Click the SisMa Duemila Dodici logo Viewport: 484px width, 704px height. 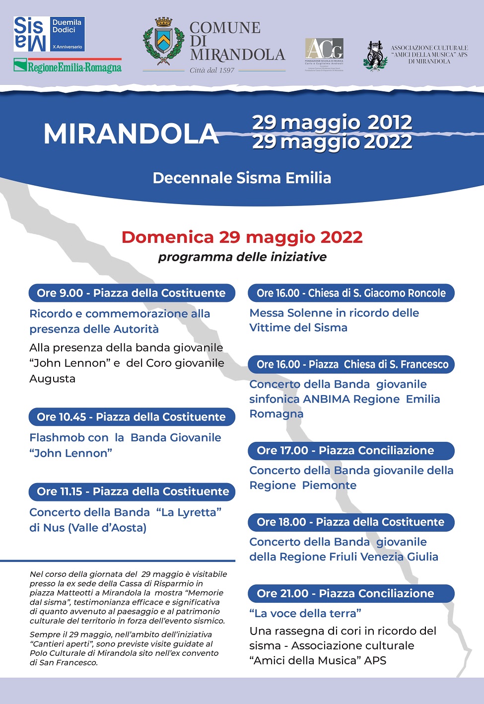point(49,34)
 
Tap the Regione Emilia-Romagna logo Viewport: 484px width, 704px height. point(68,66)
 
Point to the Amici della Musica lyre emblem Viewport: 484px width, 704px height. point(375,55)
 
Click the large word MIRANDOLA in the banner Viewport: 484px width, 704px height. point(131,134)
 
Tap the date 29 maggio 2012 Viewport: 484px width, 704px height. point(332,122)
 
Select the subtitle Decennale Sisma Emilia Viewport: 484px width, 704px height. point(242,178)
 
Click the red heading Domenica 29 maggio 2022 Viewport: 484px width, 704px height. point(242,237)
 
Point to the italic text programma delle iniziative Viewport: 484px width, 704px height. point(242,257)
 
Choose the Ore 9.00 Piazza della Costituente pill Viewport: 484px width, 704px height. point(132,293)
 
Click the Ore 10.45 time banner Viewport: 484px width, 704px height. point(132,417)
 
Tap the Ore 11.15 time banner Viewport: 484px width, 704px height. point(132,492)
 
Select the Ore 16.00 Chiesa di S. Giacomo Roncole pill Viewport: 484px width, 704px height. point(351,293)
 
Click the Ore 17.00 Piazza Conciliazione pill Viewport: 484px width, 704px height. point(351,450)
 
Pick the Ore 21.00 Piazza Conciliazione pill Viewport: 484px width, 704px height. point(351,593)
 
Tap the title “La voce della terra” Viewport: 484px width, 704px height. point(305,613)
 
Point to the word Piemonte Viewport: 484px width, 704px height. point(329,485)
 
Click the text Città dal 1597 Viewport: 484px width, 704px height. point(212,70)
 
